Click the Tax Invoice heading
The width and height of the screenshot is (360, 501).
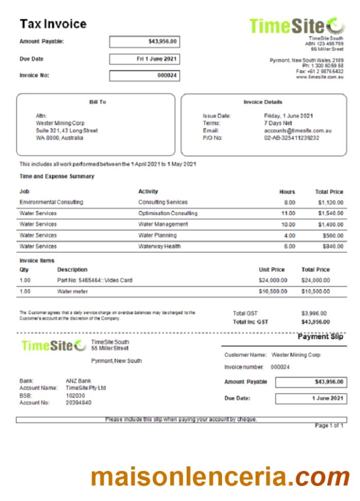pyautogui.click(x=53, y=24)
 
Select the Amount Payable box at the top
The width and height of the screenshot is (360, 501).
pyautogui.click(x=145, y=42)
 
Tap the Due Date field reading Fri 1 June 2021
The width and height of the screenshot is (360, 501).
pyautogui.click(x=145, y=59)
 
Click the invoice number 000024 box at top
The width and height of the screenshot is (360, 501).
pyautogui.click(x=145, y=76)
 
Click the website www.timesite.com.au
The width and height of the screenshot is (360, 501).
pyautogui.click(x=319, y=77)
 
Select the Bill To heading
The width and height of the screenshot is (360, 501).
pyautogui.click(x=97, y=102)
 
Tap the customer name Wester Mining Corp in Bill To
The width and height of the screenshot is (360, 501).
pyautogui.click(x=60, y=124)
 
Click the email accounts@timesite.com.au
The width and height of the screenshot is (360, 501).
pyautogui.click(x=298, y=131)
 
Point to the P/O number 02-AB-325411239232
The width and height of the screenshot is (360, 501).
pyautogui.click(x=292, y=138)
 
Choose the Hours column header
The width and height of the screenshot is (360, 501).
pyautogui.click(x=287, y=192)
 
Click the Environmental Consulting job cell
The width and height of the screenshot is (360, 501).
pyautogui.click(x=51, y=203)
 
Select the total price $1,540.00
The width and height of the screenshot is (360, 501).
pyautogui.click(x=330, y=213)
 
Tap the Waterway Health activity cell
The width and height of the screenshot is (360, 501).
pyautogui.click(x=159, y=246)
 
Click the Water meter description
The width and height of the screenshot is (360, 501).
pyautogui.click(x=73, y=291)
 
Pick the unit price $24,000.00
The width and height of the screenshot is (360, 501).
pyautogui.click(x=272, y=280)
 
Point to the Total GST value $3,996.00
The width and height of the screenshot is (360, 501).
pyautogui.click(x=314, y=313)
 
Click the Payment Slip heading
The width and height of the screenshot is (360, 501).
pyautogui.click(x=320, y=337)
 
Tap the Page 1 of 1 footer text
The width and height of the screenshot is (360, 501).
pyautogui.click(x=329, y=426)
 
